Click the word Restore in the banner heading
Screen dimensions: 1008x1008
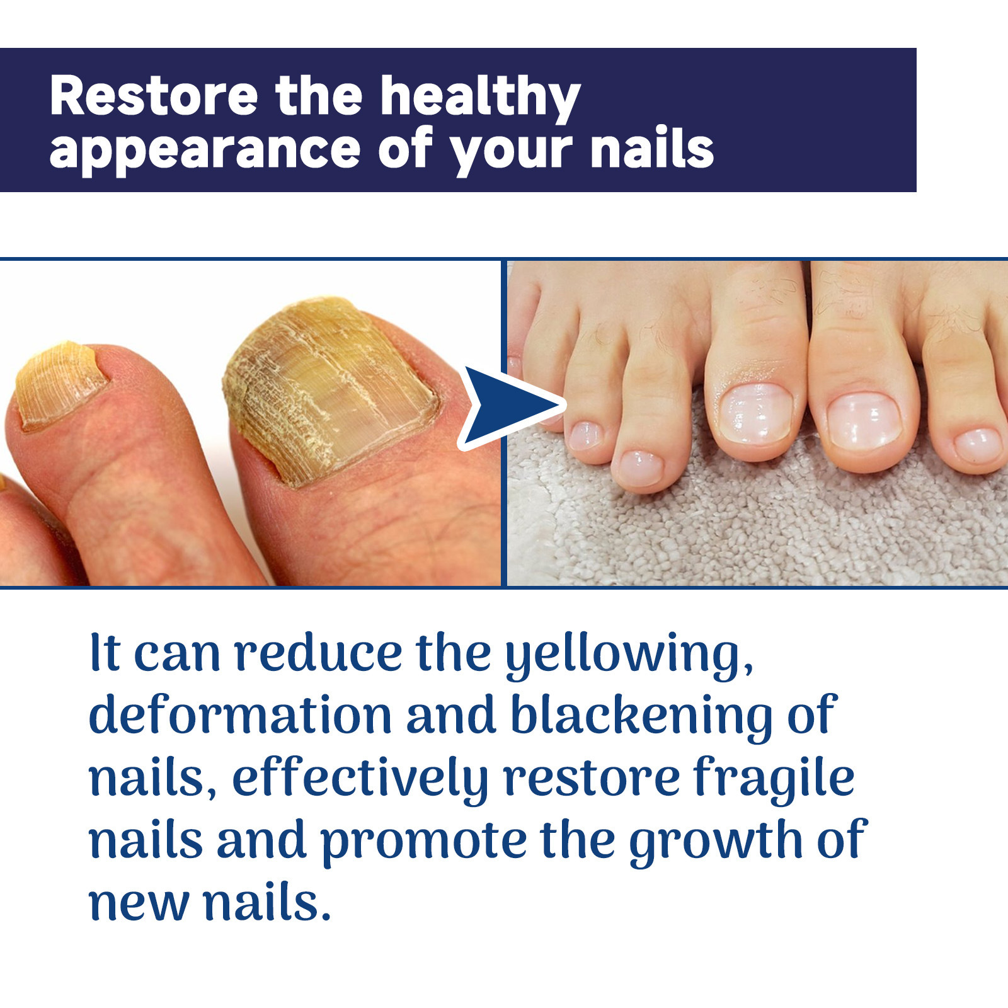click(x=154, y=96)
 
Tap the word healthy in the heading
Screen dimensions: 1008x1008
click(x=481, y=98)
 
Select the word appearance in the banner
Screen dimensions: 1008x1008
click(x=205, y=152)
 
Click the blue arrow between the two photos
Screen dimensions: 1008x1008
click(x=510, y=407)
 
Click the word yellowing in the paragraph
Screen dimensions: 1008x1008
click(x=629, y=655)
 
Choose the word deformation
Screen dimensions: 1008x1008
click(x=240, y=714)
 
